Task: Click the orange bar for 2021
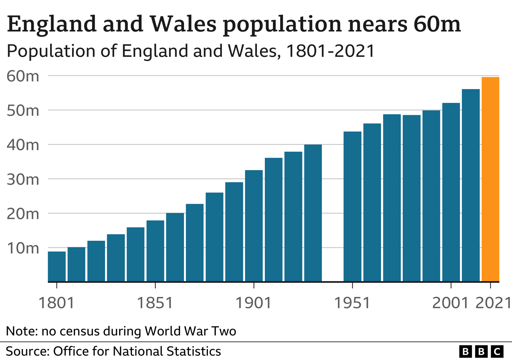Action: click(490, 179)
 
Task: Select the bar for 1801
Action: click(57, 266)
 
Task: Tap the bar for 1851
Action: click(155, 251)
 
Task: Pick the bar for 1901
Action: click(254, 226)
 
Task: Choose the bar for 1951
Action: click(352, 206)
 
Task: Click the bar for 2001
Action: click(451, 192)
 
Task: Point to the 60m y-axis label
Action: click(23, 76)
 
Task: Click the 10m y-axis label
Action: click(23, 248)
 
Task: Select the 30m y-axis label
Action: click(23, 179)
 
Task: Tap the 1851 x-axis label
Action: click(155, 303)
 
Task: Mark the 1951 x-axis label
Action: click(352, 303)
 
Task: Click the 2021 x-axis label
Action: click(493, 303)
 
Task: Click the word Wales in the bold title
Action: click(183, 24)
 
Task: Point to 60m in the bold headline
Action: click(437, 24)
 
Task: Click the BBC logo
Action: click(481, 351)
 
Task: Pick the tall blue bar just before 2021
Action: click(471, 185)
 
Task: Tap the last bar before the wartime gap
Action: click(313, 213)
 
